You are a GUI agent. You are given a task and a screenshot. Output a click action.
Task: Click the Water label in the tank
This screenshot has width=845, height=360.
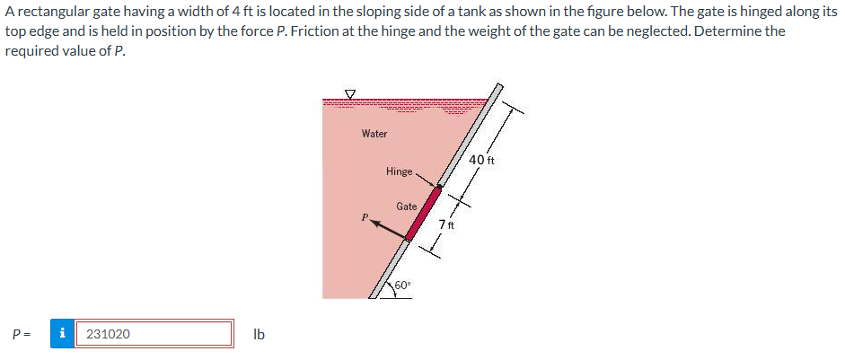[x=374, y=134]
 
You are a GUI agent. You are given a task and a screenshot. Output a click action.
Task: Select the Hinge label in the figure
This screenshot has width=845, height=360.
[x=399, y=171]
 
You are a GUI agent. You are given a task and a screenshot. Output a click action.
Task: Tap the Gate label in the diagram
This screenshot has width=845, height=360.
[x=406, y=206]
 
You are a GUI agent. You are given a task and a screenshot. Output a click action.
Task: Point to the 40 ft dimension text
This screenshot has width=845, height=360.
[x=482, y=161]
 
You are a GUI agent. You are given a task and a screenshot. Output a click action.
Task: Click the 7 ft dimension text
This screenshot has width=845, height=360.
[x=447, y=224]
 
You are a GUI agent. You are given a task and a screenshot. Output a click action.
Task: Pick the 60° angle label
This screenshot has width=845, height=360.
[x=402, y=285]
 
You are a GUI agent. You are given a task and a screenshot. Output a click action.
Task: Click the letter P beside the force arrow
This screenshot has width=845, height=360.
[x=365, y=216]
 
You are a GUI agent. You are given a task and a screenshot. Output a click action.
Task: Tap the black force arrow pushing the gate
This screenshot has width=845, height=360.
[x=387, y=230]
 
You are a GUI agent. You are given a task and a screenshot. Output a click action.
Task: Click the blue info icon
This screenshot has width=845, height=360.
[x=61, y=334]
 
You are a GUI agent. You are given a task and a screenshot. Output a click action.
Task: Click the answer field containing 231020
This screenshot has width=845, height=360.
[x=154, y=334]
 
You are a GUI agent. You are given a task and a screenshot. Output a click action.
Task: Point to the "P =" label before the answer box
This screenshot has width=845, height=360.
[x=22, y=334]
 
